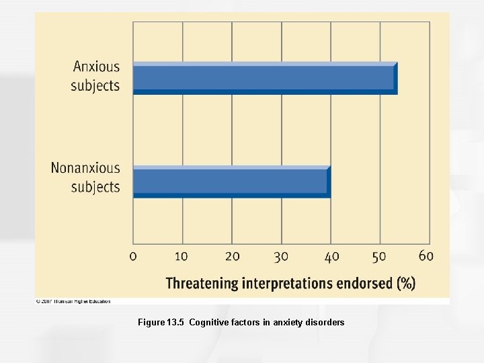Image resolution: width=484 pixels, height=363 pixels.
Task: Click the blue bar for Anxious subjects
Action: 264,79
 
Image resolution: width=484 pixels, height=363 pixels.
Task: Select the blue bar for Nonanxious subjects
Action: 231,182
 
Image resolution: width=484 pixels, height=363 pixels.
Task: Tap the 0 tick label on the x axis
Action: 133,256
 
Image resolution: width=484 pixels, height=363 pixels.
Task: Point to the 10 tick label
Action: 182,256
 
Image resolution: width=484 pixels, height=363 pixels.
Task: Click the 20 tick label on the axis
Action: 232,256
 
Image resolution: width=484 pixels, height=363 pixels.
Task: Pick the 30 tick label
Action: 281,256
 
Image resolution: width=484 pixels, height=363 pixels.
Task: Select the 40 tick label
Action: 331,256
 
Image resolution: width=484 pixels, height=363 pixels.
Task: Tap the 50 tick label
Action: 379,256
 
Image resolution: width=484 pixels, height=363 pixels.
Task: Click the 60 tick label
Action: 426,255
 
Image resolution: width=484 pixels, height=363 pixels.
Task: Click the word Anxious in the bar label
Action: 96,67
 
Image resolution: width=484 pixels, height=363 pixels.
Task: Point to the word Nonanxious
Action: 85,168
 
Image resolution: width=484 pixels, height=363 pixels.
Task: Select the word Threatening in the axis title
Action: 202,283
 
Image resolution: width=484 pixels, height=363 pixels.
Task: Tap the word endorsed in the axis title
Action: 365,283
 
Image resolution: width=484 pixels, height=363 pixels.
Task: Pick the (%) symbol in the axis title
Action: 406,283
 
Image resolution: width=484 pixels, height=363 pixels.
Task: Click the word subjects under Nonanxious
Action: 95,187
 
